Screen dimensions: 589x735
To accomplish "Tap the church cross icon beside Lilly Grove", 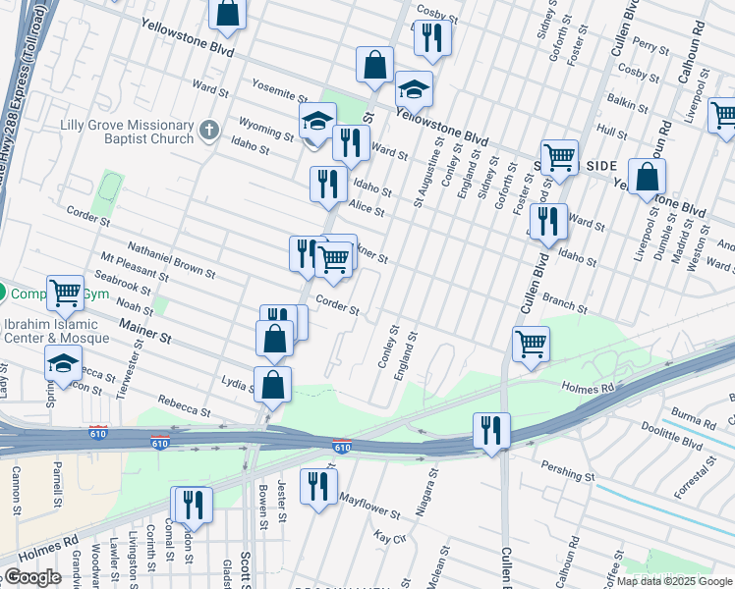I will [x=207, y=130].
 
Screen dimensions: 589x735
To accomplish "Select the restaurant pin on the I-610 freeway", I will [x=490, y=430].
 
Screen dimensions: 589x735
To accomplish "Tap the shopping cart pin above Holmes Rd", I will [x=531, y=344].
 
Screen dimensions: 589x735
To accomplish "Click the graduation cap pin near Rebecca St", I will [x=63, y=361].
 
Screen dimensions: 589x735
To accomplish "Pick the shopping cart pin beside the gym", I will [x=64, y=291].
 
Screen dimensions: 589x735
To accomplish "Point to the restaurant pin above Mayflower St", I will [x=318, y=485].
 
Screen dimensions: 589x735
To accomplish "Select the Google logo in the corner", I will [x=32, y=577].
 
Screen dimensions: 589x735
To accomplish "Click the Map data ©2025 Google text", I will [x=673, y=581].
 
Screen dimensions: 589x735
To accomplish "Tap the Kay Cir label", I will [x=390, y=537].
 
